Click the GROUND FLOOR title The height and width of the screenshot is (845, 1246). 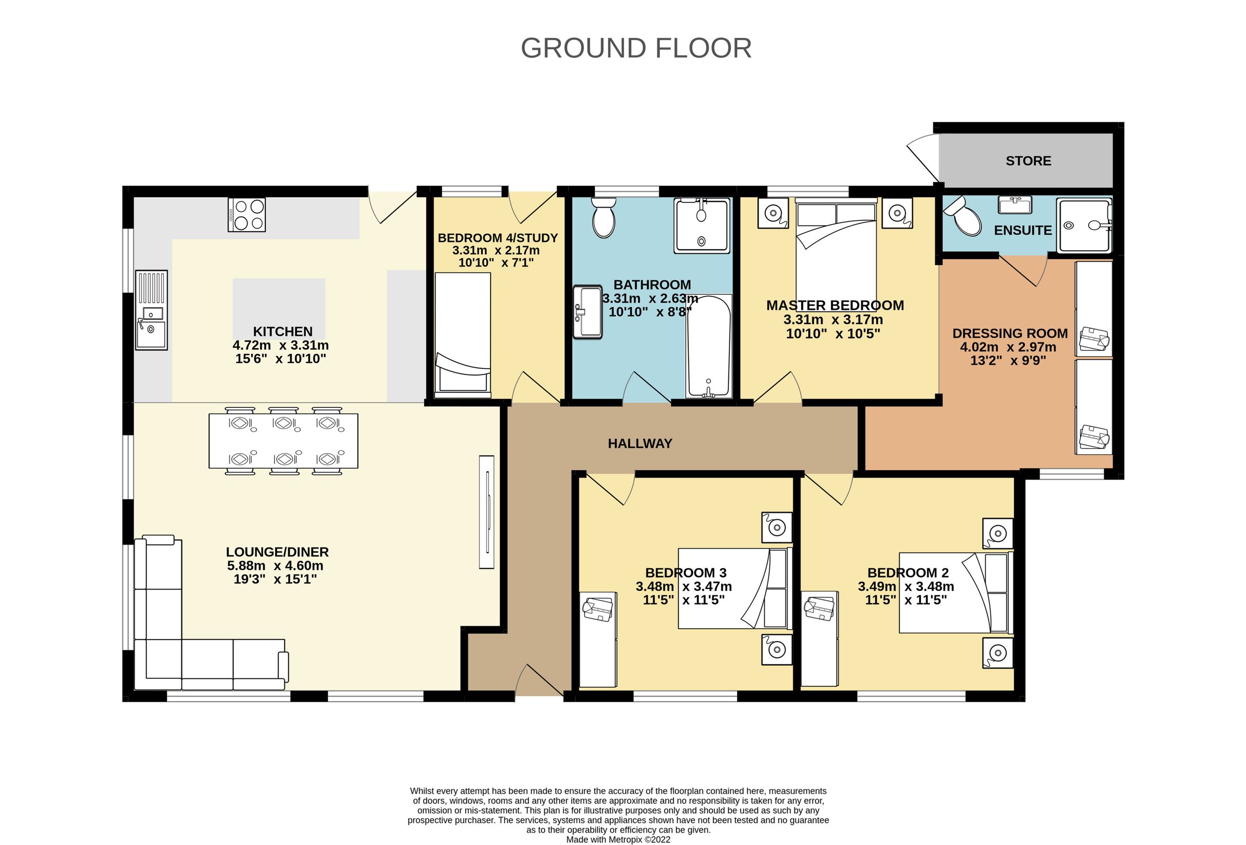click(636, 48)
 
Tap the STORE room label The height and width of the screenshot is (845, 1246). click(1028, 161)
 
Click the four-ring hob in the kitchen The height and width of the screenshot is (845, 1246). click(247, 214)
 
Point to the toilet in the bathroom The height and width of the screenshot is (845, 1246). click(604, 218)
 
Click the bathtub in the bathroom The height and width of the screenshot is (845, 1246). click(709, 346)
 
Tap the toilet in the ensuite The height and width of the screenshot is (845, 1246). click(964, 216)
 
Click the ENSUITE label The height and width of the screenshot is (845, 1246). click(1022, 230)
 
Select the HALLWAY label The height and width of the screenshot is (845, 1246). click(640, 443)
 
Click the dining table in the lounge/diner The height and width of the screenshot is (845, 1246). click(283, 441)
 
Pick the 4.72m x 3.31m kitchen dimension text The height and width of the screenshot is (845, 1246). click(280, 345)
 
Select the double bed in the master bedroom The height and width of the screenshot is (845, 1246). click(836, 252)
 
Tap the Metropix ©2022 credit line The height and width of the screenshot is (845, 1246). click(618, 840)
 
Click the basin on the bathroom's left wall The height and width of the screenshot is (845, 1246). click(588, 312)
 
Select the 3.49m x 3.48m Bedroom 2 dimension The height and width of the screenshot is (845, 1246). click(905, 587)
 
